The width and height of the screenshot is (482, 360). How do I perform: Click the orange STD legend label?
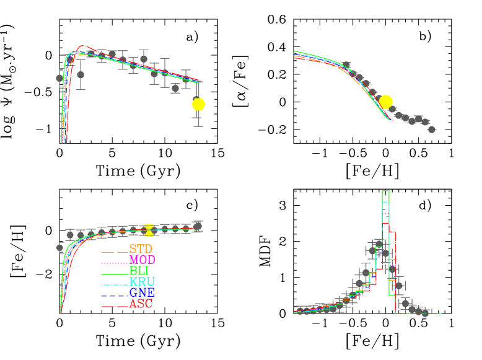pos(141,249)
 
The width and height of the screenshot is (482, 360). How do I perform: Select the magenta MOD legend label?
pos(142,260)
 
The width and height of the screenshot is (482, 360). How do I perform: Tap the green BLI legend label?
pos(139,271)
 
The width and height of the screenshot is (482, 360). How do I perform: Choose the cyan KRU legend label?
pos(142,282)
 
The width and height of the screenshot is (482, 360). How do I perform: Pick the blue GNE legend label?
pos(142,292)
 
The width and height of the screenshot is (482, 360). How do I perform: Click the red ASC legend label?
pos(141,304)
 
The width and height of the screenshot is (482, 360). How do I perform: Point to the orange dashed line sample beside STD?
pos(115,252)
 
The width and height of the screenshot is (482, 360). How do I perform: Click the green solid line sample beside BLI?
pos(115,274)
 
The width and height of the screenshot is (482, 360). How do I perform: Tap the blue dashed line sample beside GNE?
pos(115,296)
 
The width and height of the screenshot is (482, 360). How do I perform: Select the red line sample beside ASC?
pos(115,307)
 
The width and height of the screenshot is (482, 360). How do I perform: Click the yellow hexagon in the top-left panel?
pos(198,104)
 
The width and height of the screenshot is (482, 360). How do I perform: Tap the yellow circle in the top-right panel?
pos(385,102)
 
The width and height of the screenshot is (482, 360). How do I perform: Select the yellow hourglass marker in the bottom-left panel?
pos(149,230)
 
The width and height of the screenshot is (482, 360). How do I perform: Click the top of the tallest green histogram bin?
pos(385,191)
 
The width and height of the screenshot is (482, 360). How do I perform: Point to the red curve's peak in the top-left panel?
pos(83,46)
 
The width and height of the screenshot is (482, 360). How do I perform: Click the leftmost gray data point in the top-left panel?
pos(60,78)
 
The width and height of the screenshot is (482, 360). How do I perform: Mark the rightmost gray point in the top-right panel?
pos(431,130)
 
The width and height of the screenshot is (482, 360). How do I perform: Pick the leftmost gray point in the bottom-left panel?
pos(60,247)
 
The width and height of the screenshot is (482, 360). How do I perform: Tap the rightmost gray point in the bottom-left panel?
pos(198,226)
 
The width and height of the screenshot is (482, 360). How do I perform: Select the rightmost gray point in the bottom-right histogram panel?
pos(424,313)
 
